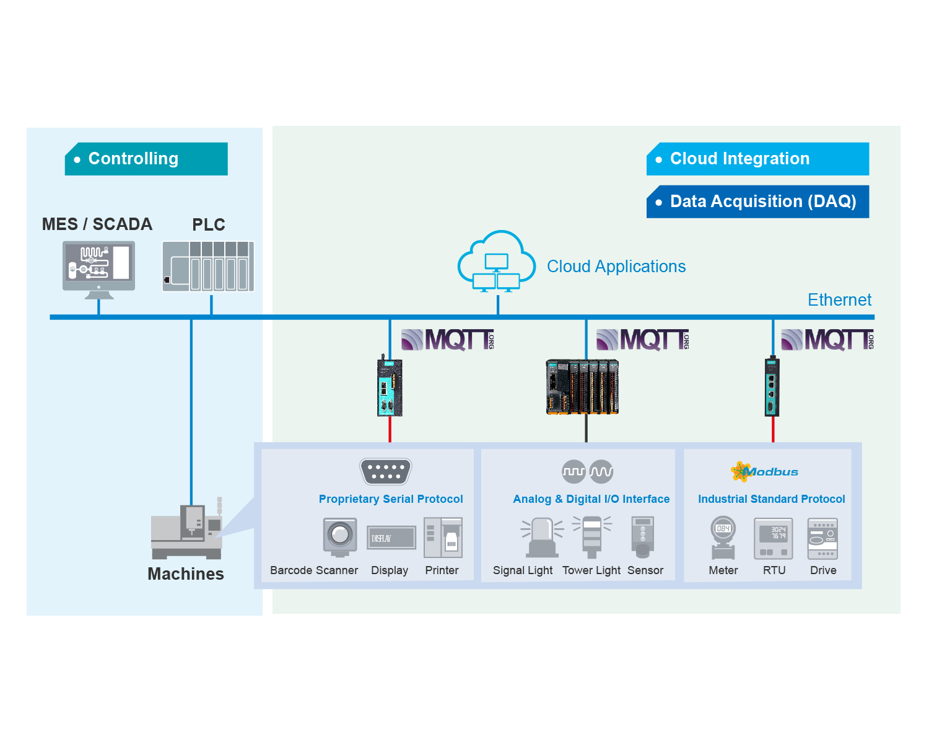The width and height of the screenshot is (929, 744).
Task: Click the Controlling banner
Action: point(146,159)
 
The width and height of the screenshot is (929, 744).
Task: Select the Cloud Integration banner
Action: point(757,159)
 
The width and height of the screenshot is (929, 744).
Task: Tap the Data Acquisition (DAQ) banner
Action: point(757,201)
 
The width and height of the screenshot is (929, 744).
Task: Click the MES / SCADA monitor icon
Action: point(98,268)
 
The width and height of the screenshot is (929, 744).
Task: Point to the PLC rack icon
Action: point(208,267)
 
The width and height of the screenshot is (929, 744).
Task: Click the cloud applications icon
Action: point(497,261)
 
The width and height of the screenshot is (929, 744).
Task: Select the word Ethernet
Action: point(839,300)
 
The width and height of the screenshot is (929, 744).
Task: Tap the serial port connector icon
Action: point(386,471)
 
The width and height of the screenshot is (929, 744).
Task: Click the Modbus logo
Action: point(764,472)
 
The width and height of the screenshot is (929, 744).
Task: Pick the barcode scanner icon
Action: point(340,536)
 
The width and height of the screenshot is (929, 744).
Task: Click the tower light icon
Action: point(592,536)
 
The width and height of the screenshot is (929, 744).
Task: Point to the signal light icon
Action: point(543,538)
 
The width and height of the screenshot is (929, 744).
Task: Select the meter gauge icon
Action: point(723,538)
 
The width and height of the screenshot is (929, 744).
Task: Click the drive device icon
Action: point(822,538)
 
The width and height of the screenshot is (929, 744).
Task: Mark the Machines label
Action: point(186,574)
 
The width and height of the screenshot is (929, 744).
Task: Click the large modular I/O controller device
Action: point(582,386)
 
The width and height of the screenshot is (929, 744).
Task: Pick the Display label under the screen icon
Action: point(390,570)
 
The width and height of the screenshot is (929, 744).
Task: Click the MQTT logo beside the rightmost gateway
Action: point(827,340)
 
